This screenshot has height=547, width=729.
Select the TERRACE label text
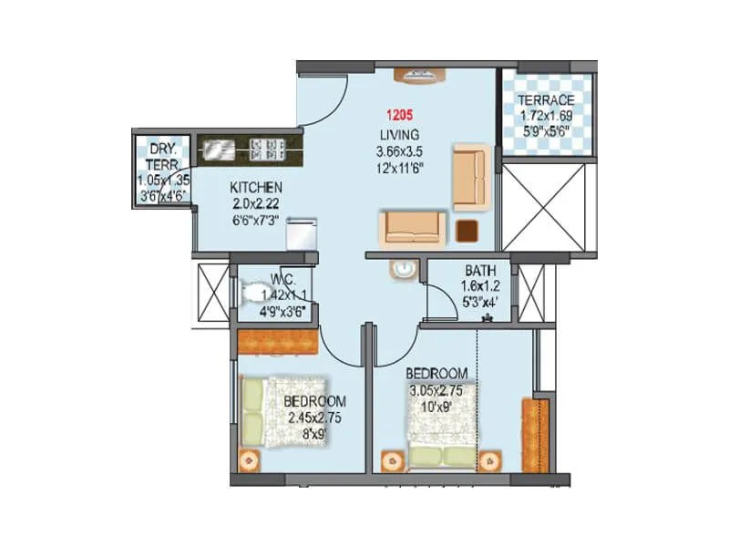coord(546,100)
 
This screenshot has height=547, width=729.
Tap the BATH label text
coord(479,271)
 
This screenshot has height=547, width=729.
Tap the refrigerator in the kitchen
coord(301,233)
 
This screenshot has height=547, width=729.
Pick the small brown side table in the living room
coord(467,231)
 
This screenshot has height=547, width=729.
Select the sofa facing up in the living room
coord(414,226)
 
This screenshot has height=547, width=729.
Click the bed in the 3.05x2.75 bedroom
coord(441,419)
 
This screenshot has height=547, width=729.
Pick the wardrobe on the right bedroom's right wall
coord(529,434)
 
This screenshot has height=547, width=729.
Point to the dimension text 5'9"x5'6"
coord(546,131)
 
